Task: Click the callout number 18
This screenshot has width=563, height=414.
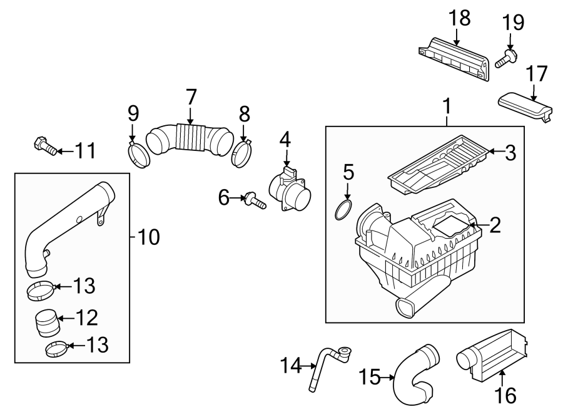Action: (x=460, y=18)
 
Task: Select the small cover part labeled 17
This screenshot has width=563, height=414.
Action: (x=525, y=107)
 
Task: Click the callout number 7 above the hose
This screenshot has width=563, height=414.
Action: (x=191, y=98)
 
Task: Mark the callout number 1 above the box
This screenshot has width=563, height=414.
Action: (x=447, y=107)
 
